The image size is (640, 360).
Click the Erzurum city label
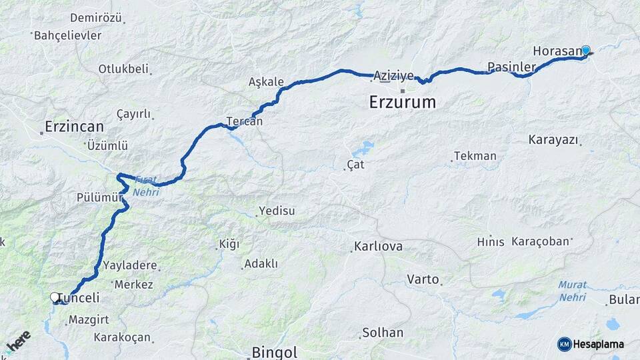(x=402, y=103)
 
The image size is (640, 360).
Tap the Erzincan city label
(x=74, y=126)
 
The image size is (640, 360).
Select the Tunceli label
(x=79, y=298)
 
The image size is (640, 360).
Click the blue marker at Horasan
(x=586, y=50)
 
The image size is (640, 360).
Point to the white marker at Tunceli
(x=55, y=297)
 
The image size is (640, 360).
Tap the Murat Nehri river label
(x=573, y=290)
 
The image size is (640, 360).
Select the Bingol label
(x=274, y=352)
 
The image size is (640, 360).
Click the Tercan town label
(x=244, y=121)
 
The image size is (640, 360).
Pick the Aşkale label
(x=266, y=82)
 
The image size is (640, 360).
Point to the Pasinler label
(x=511, y=67)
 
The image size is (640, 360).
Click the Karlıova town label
(x=379, y=247)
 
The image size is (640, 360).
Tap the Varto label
(x=423, y=279)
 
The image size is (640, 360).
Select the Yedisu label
(x=277, y=211)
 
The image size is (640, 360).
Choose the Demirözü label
(x=95, y=18)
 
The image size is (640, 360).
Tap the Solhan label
(x=383, y=332)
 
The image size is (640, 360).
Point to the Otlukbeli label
(x=123, y=69)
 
